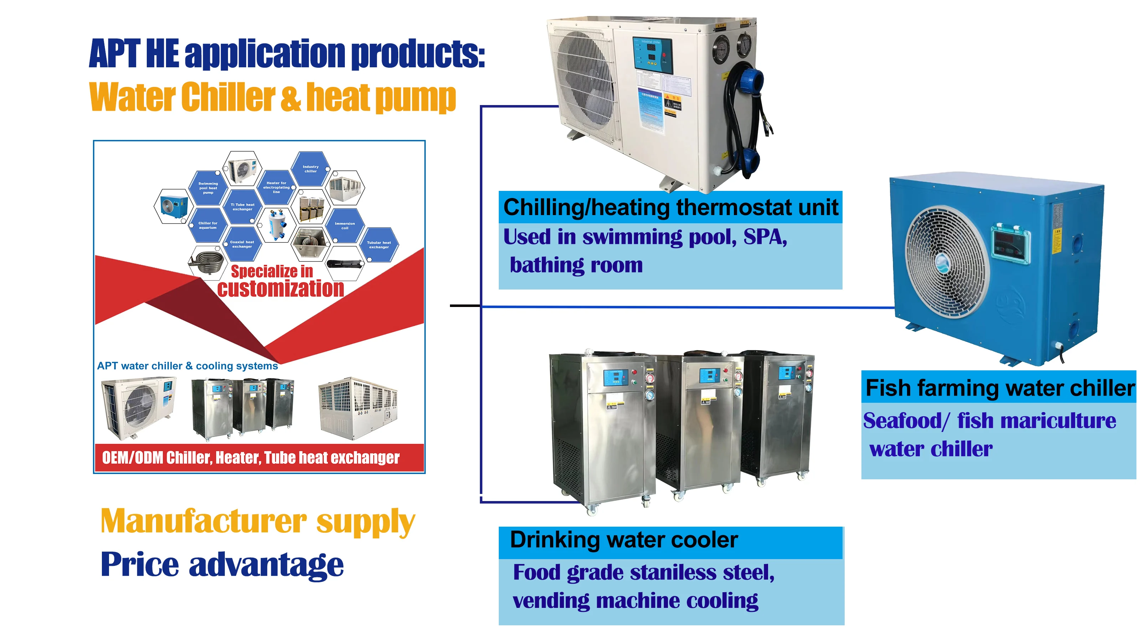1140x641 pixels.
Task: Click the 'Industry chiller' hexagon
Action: [310, 169]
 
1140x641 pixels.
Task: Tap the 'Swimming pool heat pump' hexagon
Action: [208, 188]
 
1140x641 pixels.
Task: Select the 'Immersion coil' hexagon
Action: [345, 226]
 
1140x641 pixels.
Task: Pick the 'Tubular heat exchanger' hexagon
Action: [379, 245]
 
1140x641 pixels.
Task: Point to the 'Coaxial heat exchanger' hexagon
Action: [242, 244]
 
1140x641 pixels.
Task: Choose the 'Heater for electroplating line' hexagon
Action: [276, 187]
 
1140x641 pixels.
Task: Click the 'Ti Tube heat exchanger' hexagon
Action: [242, 207]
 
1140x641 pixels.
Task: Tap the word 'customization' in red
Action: [281, 289]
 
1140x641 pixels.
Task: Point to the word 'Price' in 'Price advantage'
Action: [140, 565]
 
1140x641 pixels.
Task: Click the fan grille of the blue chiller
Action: [947, 261]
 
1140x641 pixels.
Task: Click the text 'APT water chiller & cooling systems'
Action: [188, 366]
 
